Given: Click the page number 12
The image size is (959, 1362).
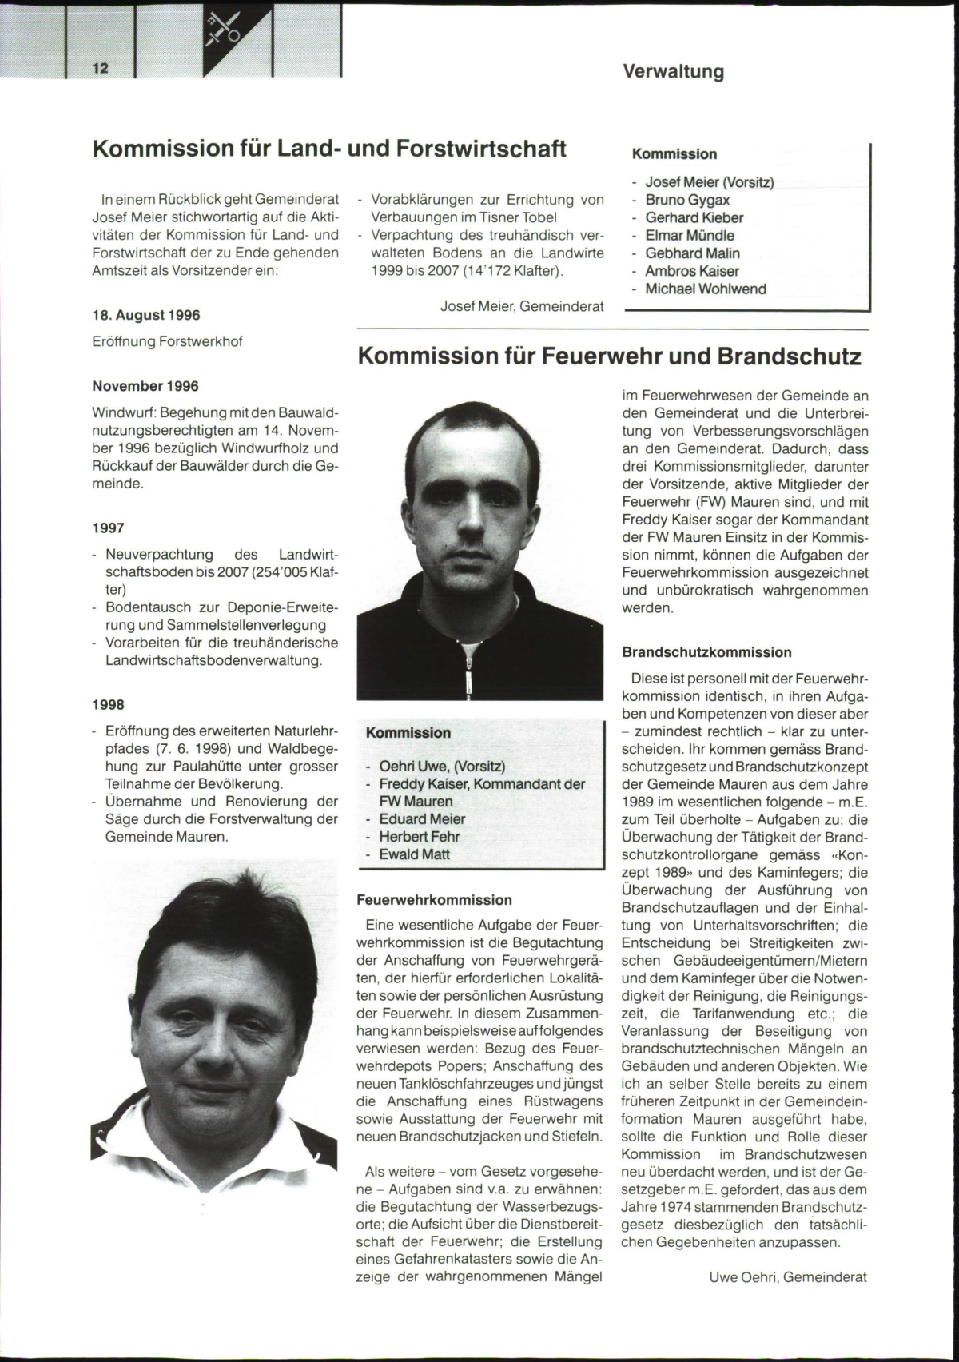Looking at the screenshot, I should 101,68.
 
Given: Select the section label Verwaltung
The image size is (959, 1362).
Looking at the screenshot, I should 673,72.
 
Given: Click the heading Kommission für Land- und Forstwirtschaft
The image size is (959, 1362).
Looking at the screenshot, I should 329,149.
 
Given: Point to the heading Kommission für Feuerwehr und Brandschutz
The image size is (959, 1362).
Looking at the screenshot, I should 609,356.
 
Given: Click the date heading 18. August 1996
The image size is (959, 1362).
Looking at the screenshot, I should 146,316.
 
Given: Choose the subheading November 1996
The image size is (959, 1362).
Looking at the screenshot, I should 145,386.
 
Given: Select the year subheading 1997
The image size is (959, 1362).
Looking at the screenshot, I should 108,528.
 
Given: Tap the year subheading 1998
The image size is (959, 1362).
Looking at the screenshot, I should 108,704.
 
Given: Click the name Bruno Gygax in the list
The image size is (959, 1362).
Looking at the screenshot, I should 687,200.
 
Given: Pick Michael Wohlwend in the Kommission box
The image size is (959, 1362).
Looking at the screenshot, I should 705,289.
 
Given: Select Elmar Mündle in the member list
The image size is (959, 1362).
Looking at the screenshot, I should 689,236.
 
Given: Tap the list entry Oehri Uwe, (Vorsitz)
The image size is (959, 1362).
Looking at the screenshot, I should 441,767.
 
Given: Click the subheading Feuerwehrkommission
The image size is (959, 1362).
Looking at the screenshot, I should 434,900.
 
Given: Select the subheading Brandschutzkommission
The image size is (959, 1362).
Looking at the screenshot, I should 706,652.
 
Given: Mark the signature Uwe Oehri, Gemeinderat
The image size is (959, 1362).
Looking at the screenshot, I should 787,1277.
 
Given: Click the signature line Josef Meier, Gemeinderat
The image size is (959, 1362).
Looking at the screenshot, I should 521,306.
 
